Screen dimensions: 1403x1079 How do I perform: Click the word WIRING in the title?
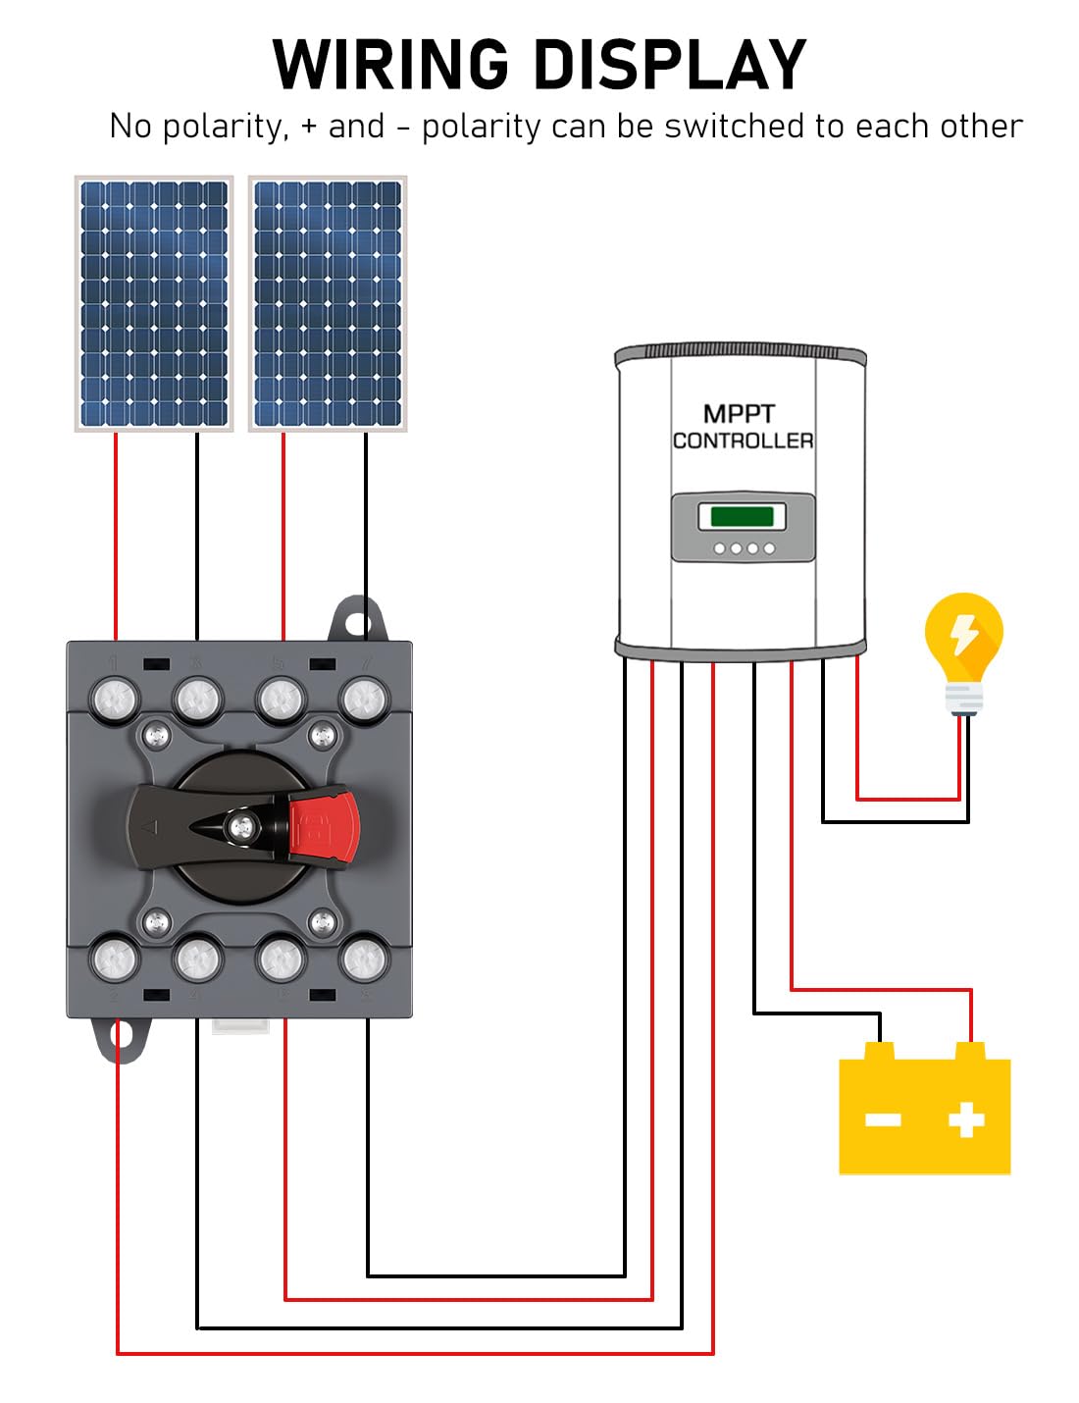coord(391,65)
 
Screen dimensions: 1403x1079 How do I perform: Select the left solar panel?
coord(154,303)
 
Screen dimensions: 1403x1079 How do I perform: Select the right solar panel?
coord(328,303)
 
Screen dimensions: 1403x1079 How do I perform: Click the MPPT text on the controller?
coord(739,414)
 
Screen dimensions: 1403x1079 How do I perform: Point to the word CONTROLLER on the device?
coord(743,442)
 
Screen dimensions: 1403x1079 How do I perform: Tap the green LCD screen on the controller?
coord(743,516)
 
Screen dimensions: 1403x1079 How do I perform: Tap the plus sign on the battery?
coord(966,1118)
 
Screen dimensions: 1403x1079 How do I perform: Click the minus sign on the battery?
coord(883,1119)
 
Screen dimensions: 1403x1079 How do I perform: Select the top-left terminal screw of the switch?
coord(115,700)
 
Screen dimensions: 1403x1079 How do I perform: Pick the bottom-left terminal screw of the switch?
coord(115,960)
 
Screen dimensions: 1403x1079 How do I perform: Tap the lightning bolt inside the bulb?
coord(965,634)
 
